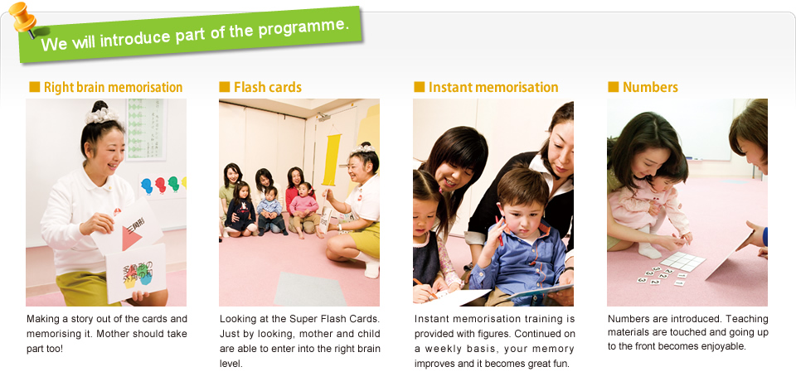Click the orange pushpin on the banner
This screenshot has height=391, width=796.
(23, 18)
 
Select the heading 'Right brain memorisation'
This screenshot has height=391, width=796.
(114, 87)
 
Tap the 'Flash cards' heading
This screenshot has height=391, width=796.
(268, 87)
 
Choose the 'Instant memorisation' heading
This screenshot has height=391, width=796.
(493, 87)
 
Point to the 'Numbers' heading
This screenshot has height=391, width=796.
(650, 87)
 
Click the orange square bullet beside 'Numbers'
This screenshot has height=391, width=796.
(614, 87)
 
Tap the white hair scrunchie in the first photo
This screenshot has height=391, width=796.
(101, 116)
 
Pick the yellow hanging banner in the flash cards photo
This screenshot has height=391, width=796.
(331, 160)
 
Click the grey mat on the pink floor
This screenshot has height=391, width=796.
(309, 289)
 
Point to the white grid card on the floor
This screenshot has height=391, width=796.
(682, 261)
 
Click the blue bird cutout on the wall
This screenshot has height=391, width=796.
(147, 186)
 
